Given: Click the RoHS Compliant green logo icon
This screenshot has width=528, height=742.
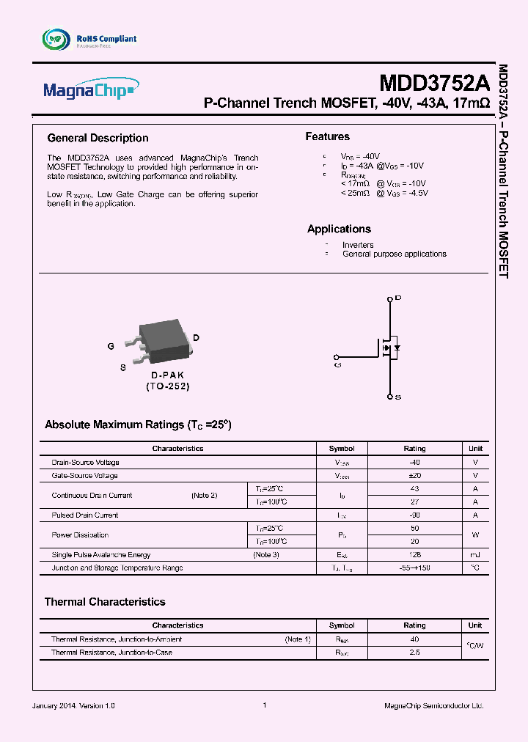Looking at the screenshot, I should tap(56, 39).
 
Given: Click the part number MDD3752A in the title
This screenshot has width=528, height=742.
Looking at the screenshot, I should tap(434, 81).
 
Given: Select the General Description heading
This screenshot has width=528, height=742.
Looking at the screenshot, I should tap(98, 138).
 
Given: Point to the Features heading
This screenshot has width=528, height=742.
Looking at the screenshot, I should tap(327, 136).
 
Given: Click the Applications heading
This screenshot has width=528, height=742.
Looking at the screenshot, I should tap(339, 229).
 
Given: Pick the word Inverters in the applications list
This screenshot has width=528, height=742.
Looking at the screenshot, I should tap(358, 245).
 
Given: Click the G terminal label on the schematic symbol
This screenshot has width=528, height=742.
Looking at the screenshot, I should tap(337, 364).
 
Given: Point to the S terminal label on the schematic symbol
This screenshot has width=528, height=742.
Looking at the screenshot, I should tap(397, 397).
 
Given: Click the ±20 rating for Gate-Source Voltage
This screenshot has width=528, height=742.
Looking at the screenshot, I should tap(414, 476).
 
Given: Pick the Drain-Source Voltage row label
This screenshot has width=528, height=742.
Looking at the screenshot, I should tap(85, 463).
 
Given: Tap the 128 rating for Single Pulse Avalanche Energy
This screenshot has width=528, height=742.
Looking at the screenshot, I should tap(414, 555).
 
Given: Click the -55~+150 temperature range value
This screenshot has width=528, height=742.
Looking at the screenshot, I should tap(414, 568).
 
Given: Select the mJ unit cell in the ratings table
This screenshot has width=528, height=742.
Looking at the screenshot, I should tap(475, 555).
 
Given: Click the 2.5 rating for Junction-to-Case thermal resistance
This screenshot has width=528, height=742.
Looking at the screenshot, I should tap(414, 653).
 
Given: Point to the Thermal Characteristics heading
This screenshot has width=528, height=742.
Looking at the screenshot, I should tap(105, 602).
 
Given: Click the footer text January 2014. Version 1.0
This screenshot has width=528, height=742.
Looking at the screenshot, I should tap(73, 705).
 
